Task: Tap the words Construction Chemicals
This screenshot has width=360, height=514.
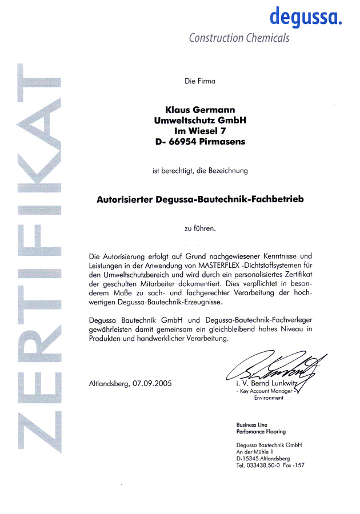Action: tap(239, 38)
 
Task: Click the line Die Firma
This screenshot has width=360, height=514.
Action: tap(199, 82)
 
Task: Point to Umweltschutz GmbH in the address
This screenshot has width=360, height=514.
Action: tap(199, 120)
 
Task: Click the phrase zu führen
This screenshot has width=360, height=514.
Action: tap(199, 229)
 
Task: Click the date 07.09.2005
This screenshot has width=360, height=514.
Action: tap(151, 383)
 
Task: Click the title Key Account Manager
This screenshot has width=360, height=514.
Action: tap(265, 391)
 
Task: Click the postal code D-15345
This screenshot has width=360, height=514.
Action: tap(249, 459)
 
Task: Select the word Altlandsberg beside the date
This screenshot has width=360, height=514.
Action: tap(109, 383)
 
